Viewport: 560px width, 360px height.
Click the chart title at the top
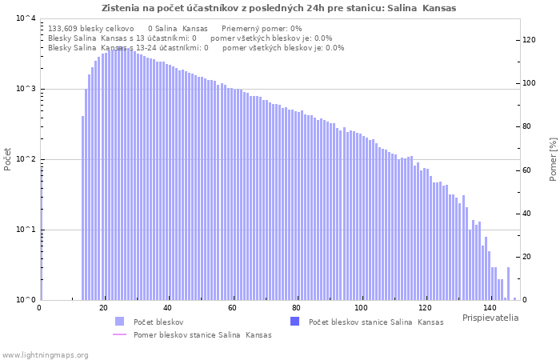[x=278, y=8]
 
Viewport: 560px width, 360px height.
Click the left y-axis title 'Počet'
[x=8, y=158]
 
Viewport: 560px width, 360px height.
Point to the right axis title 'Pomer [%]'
[x=552, y=158]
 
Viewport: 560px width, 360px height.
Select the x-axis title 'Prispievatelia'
[x=490, y=318]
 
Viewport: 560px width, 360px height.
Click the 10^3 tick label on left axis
[x=26, y=89]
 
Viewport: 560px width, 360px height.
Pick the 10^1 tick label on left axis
[x=26, y=230]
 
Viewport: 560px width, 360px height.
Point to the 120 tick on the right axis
[x=528, y=40]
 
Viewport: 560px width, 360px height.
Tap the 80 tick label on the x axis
[x=297, y=308]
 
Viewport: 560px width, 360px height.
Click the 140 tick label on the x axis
[x=490, y=308]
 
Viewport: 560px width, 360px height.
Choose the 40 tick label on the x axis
[x=168, y=308]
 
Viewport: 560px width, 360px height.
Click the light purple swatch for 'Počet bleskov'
[x=119, y=322]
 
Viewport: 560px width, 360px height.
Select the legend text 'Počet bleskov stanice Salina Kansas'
[x=375, y=322]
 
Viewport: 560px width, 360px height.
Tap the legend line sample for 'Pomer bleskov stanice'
[x=119, y=335]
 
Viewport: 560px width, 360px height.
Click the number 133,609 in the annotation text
[x=66, y=28]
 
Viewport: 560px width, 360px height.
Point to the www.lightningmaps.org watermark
[x=46, y=354]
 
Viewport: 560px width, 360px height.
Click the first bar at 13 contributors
[x=82, y=208]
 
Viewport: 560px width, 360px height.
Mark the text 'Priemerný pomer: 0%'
[x=262, y=28]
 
